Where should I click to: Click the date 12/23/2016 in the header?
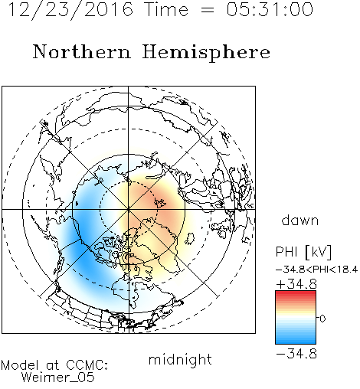coord(71,10)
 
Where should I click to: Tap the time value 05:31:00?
coord(270,9)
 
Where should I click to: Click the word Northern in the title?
coord(82,52)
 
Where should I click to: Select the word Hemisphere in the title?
coord(206,52)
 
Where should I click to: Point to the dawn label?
coord(300,220)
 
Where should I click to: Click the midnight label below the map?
coord(180,360)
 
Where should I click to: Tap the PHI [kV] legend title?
coord(303,252)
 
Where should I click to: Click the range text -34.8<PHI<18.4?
coord(317,270)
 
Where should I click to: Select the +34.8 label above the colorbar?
coord(296,284)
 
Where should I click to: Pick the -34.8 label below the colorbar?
coord(296,354)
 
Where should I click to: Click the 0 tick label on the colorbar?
coord(322,319)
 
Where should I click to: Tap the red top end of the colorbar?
coord(296,293)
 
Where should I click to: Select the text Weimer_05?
coord(57,378)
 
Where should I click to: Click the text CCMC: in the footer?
coord(87,365)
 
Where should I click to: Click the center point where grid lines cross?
coord(129,209)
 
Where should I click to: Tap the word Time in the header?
coord(166,9)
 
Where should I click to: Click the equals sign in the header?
coord(208,10)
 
